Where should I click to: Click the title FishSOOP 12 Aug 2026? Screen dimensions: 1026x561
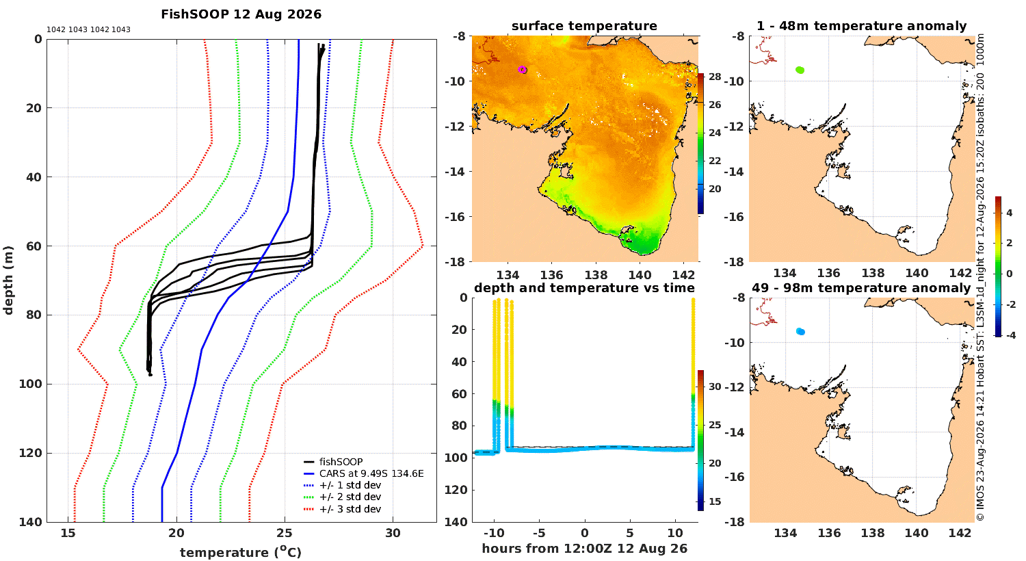pyautogui.click(x=241, y=14)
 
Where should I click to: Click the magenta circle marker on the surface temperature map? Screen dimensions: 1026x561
pyautogui.click(x=522, y=70)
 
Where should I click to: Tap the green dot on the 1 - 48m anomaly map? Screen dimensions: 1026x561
pyautogui.click(x=800, y=70)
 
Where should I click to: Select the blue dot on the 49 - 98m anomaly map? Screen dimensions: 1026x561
pyautogui.click(x=800, y=332)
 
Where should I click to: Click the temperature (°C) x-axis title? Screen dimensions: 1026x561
pyautogui.click(x=241, y=552)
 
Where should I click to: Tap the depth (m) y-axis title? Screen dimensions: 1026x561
pyautogui.click(x=8, y=280)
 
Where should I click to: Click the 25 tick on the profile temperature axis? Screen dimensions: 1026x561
pyautogui.click(x=285, y=533)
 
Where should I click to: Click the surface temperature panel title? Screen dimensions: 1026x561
pyautogui.click(x=584, y=25)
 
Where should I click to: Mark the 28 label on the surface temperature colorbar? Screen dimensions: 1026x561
pyautogui.click(x=715, y=77)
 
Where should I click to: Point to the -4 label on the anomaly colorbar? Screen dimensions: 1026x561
pyautogui.click(x=1010, y=335)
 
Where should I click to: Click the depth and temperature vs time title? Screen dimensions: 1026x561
pyautogui.click(x=584, y=287)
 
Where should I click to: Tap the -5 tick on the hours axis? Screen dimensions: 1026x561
pyautogui.click(x=539, y=533)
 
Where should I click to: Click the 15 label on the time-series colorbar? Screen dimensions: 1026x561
pyautogui.click(x=715, y=501)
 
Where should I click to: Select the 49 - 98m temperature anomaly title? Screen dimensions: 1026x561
pyautogui.click(x=861, y=287)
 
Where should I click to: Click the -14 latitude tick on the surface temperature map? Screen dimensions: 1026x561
pyautogui.click(x=454, y=171)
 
